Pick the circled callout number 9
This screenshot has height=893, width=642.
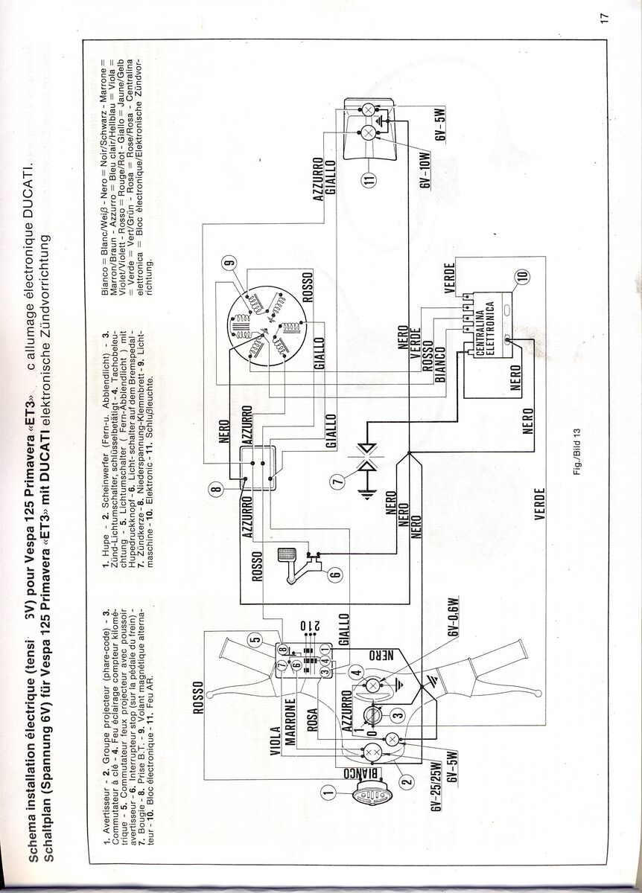(229, 262)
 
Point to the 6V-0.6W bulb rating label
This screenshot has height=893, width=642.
(452, 615)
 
